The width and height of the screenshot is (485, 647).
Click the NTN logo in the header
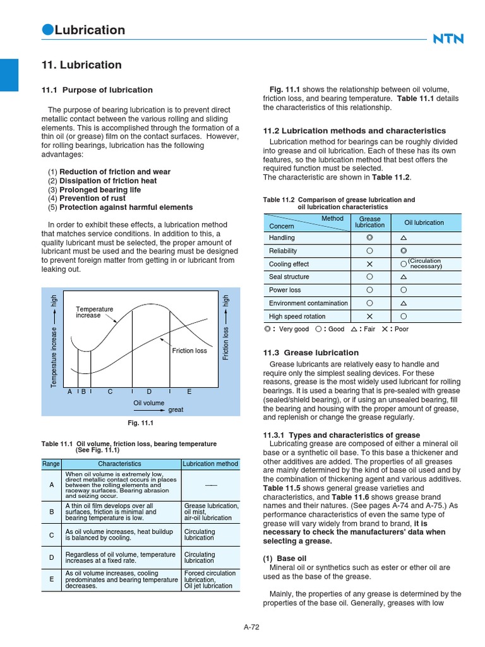pyautogui.click(x=448, y=39)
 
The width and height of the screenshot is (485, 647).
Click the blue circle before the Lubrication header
pyautogui.click(x=47, y=30)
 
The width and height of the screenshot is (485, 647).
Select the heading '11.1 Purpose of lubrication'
pyautogui.click(x=97, y=90)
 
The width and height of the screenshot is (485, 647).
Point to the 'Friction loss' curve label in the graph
pyautogui.click(x=189, y=351)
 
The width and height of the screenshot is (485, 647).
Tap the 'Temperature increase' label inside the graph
pyautogui.click(x=94, y=312)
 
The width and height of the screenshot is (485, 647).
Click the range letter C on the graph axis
pyautogui.click(x=110, y=392)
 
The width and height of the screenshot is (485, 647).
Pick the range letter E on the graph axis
pyautogui.click(x=189, y=392)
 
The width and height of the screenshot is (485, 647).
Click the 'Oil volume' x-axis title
pyautogui.click(x=148, y=403)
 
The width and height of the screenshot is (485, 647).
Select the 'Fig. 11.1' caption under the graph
pyautogui.click(x=141, y=423)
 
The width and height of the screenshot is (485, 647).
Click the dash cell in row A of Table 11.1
pyautogui.click(x=210, y=485)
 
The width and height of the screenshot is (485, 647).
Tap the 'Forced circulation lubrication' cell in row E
pyautogui.click(x=210, y=579)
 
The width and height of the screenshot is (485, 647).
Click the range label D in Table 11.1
pyautogui.click(x=52, y=557)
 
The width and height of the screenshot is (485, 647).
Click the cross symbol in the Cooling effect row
pyautogui.click(x=370, y=264)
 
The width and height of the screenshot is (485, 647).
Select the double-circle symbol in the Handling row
pyautogui.click(x=370, y=238)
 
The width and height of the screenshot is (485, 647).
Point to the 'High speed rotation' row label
pyautogui.click(x=297, y=317)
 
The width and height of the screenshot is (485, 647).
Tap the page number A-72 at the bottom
pyautogui.click(x=252, y=627)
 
